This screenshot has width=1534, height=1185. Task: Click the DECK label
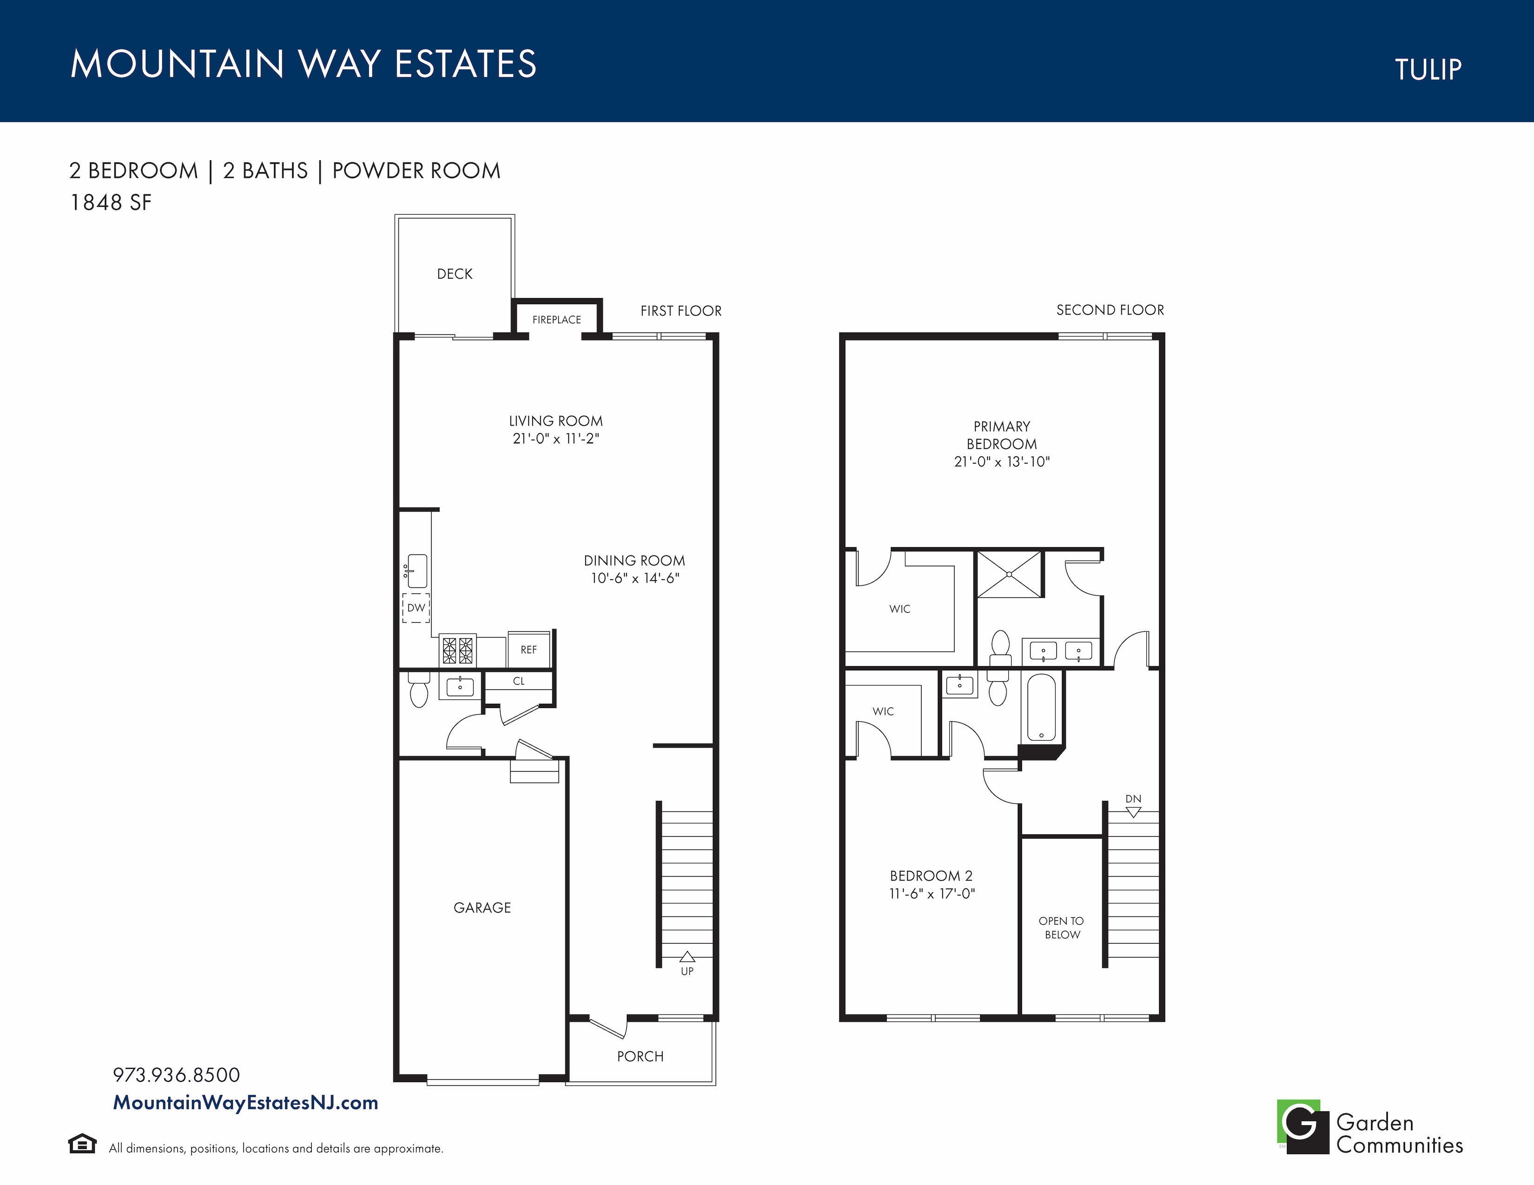click(x=455, y=274)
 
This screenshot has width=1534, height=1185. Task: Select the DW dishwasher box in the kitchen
click(x=416, y=608)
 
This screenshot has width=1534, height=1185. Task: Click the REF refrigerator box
click(x=528, y=649)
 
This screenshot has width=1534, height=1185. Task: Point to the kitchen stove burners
click(x=457, y=651)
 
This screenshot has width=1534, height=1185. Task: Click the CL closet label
click(x=518, y=681)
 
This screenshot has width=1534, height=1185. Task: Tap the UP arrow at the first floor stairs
click(x=687, y=956)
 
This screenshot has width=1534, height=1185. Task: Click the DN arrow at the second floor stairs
click(x=1133, y=812)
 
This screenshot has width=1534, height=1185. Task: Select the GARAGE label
click(x=482, y=908)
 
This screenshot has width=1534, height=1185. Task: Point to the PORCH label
click(x=640, y=1057)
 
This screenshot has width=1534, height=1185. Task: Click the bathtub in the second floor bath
click(x=1041, y=708)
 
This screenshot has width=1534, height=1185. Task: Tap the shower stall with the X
click(x=1009, y=574)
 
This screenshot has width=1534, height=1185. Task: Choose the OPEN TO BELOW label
click(x=1061, y=928)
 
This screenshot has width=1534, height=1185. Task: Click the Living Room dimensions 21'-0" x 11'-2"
click(x=555, y=439)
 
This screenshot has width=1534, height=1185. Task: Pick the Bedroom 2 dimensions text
click(x=932, y=894)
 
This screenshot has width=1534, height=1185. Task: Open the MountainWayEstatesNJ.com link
click(x=245, y=1103)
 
